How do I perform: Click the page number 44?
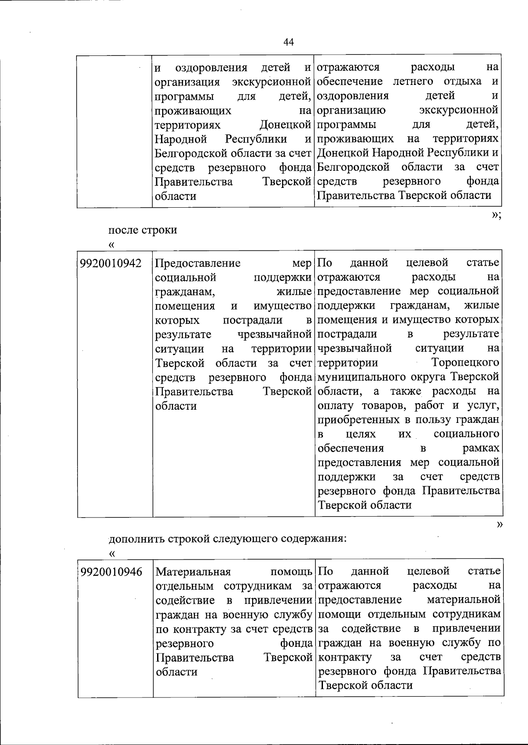pos(289,42)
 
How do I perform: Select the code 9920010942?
pos(111,263)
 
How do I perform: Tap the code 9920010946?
pos(111,572)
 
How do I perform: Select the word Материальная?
pos(193,572)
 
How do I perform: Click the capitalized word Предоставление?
pos(198,263)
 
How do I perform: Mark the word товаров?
pos(380,405)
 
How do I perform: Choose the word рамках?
pos(481,448)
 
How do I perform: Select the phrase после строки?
pos(143,230)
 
